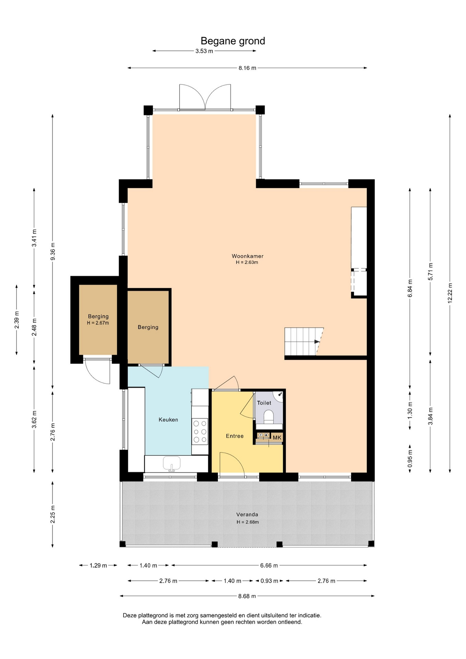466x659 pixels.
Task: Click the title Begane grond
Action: (233, 41)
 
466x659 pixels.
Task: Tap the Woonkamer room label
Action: (247, 256)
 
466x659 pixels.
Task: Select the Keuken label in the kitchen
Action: (168, 419)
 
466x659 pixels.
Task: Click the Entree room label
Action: (235, 436)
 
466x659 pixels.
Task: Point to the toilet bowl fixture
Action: (268, 416)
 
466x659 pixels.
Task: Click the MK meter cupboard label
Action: (277, 438)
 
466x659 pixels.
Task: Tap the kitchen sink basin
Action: (172, 463)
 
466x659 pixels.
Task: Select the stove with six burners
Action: (200, 431)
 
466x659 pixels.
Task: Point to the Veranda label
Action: (247, 515)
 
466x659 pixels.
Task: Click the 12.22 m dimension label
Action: (450, 293)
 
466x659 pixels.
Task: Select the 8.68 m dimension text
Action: (247, 596)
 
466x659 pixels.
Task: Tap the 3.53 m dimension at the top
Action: (204, 51)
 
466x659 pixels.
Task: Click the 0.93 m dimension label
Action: (269, 581)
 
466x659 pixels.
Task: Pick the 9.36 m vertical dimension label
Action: (53, 252)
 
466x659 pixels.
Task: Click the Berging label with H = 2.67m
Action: (98, 316)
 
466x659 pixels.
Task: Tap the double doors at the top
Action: (205, 97)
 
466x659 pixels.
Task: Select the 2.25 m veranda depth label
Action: (53, 515)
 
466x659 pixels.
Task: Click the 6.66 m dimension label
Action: (269, 565)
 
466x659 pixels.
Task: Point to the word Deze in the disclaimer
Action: (130, 615)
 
